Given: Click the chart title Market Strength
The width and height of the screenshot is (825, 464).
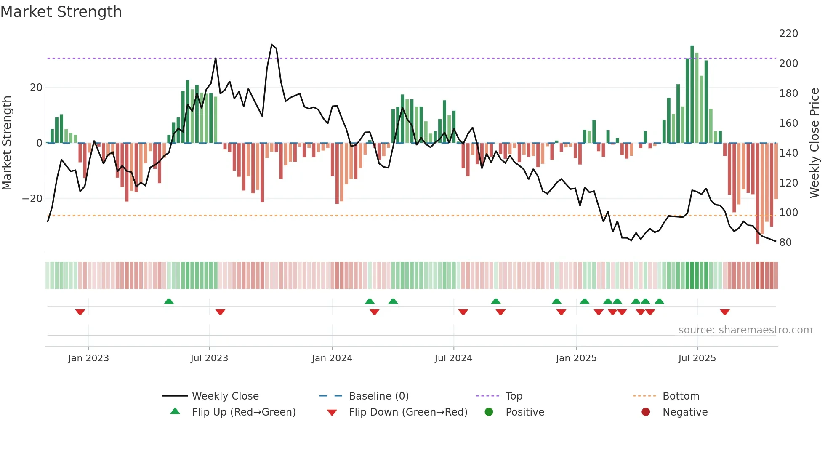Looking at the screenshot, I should click(x=61, y=12).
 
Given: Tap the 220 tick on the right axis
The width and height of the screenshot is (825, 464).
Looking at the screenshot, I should click(x=788, y=34).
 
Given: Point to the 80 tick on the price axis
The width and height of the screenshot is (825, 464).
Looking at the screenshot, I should click(x=785, y=243).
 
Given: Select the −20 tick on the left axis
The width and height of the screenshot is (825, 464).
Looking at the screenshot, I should click(x=32, y=199).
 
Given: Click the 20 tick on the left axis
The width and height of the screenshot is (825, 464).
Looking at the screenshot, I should click(x=36, y=88).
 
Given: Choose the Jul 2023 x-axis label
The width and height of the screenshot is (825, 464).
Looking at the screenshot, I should click(x=209, y=358).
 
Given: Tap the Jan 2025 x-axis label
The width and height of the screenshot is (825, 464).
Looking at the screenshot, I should click(x=576, y=358).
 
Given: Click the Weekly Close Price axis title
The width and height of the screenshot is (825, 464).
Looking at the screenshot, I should click(x=814, y=143).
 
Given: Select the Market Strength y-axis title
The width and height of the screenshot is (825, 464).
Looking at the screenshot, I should click(x=7, y=143).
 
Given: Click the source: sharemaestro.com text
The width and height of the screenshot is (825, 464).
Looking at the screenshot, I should click(x=745, y=330).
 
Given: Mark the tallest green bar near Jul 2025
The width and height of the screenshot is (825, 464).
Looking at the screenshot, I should click(x=692, y=95).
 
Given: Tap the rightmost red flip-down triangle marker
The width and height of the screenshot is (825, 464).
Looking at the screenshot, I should click(x=724, y=312).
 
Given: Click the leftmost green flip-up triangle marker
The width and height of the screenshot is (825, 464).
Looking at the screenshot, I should click(x=169, y=301).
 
